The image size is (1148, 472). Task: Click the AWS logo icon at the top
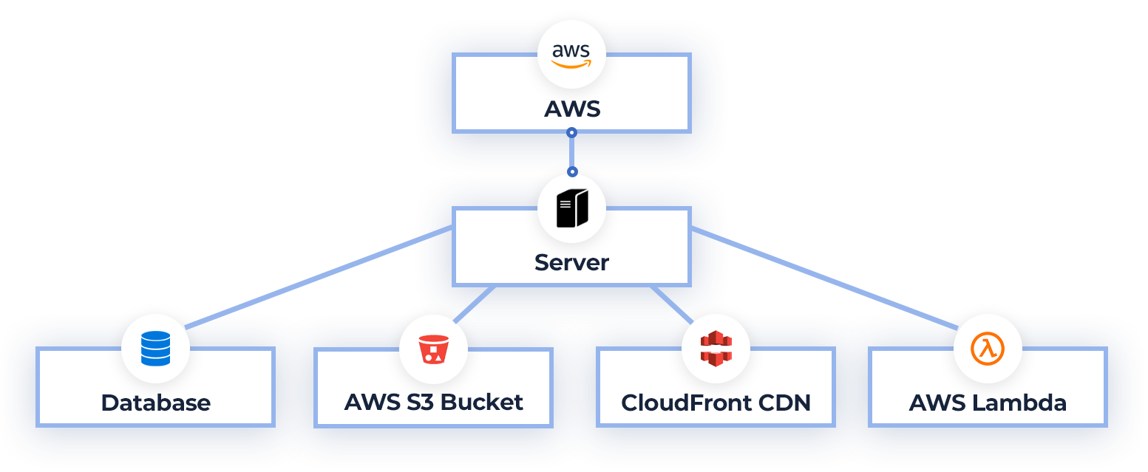(571, 54)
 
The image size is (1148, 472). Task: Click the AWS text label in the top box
(571, 109)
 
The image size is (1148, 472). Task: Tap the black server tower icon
(571, 208)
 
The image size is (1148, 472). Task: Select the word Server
(571, 262)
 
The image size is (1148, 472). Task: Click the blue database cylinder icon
(155, 349)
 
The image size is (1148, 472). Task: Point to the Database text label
(155, 403)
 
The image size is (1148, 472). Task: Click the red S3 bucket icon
(433, 349)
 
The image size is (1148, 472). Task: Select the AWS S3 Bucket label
(433, 403)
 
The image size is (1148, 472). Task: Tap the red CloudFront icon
(716, 349)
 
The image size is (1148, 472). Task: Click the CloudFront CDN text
(716, 403)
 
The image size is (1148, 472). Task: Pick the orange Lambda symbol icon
(988, 349)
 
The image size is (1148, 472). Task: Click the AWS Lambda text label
(988, 403)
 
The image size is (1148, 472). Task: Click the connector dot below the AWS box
(571, 133)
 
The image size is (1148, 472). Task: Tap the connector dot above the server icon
(571, 171)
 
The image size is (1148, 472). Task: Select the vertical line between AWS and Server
(571, 152)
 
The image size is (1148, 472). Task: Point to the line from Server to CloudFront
(671, 304)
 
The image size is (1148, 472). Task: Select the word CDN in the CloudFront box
(787, 403)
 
